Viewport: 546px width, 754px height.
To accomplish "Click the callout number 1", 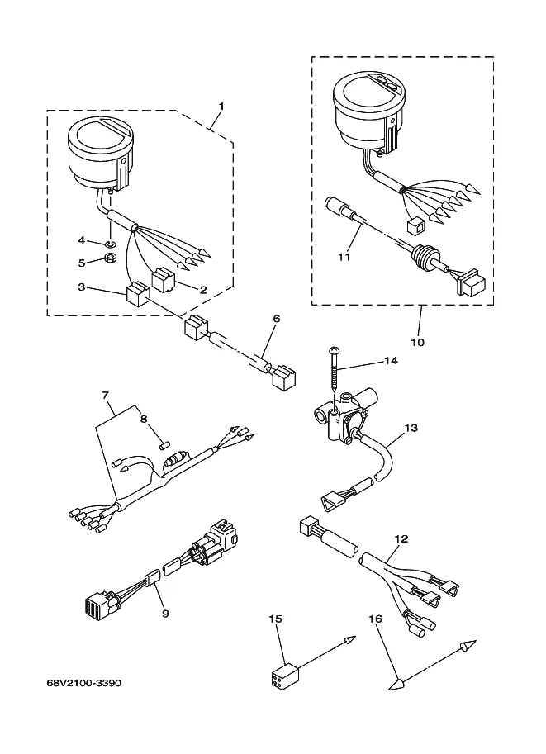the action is pyautogui.click(x=221, y=106).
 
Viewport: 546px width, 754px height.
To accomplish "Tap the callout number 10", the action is pyautogui.click(x=418, y=343).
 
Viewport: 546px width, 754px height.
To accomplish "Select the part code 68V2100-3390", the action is pyautogui.click(x=84, y=683).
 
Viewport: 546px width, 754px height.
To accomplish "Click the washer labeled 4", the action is pyautogui.click(x=110, y=241).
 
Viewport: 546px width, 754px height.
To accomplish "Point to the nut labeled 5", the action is pyautogui.click(x=110, y=258).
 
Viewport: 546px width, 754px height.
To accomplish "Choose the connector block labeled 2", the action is pyautogui.click(x=164, y=281).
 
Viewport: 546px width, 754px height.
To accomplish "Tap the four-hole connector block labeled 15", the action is pyautogui.click(x=282, y=672).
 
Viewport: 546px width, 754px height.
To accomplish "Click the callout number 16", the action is pyautogui.click(x=375, y=619).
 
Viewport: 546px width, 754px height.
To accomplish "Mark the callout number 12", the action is pyautogui.click(x=401, y=539).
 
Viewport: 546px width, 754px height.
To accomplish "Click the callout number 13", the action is pyautogui.click(x=411, y=428).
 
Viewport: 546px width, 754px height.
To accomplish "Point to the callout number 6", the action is pyautogui.click(x=276, y=318).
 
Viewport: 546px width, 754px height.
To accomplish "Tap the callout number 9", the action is pyautogui.click(x=165, y=614).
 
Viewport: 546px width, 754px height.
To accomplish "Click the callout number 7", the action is pyautogui.click(x=106, y=396).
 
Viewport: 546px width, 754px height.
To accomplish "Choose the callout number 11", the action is pyautogui.click(x=344, y=257).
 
